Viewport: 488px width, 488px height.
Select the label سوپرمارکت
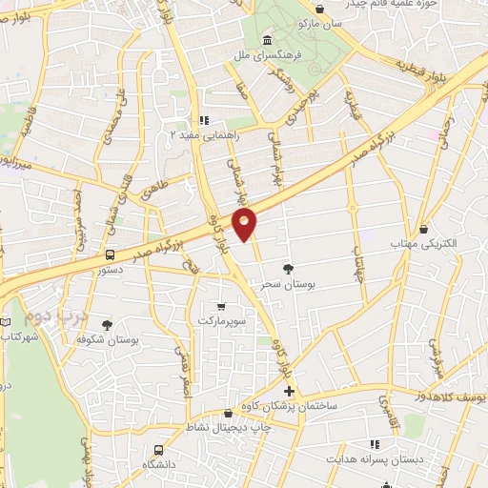(x=221, y=321)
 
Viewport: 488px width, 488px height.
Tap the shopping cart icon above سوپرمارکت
(x=221, y=307)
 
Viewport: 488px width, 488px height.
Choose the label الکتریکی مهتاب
(x=425, y=245)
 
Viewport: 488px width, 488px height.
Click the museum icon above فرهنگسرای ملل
(x=266, y=41)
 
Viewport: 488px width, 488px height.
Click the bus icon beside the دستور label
(x=111, y=255)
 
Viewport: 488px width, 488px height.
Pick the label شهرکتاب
(x=19, y=337)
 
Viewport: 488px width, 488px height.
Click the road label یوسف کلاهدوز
(x=448, y=395)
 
